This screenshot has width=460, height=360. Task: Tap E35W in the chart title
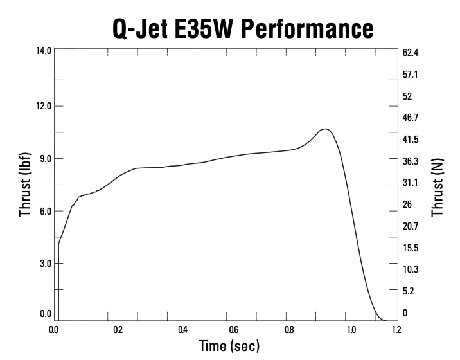pos(197,28)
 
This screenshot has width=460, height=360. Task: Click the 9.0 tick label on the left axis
pos(46,158)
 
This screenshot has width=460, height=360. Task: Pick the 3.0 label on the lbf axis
pos(46,263)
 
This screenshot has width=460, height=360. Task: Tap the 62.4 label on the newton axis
pos(411,52)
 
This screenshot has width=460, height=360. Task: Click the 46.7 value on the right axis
pos(411,118)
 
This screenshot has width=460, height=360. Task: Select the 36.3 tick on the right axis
pos(411,161)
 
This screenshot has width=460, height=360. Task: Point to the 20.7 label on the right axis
pos(411,226)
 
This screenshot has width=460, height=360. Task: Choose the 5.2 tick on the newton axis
pos(409,291)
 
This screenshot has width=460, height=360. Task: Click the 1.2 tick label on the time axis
pos(396,330)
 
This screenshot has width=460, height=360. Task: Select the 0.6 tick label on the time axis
pos(233,330)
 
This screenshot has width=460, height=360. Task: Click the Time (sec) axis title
pos(229,346)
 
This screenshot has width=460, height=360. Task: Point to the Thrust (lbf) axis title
pos(25,184)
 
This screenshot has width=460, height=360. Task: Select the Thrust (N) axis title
pos(438,188)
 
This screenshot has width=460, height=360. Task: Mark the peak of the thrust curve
pos(326,129)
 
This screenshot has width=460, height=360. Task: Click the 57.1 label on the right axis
pos(411,75)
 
